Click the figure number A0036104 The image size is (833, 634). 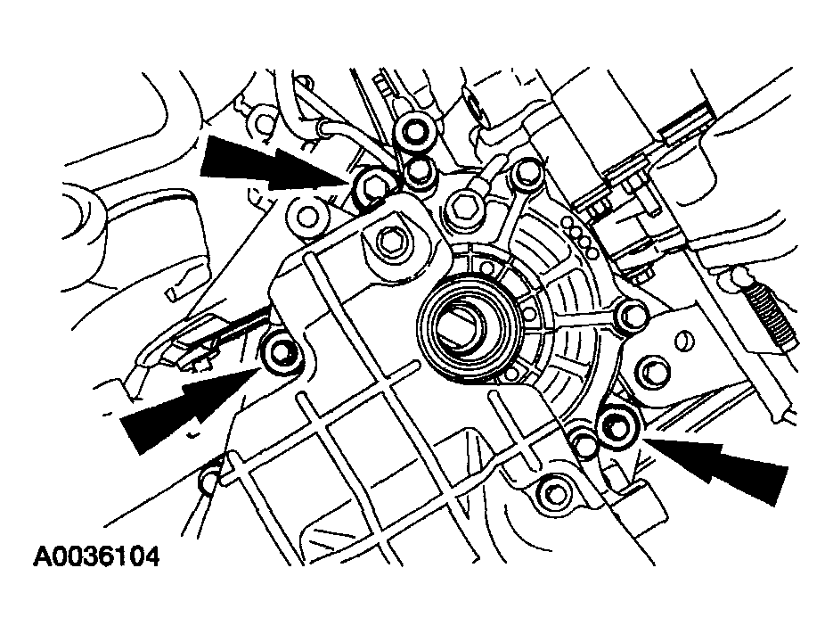coord(96,557)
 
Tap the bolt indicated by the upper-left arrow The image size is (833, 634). coord(371,185)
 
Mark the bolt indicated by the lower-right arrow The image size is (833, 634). coord(617,424)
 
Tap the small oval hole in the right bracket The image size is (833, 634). coord(685,341)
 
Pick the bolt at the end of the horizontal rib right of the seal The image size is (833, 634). coord(632,316)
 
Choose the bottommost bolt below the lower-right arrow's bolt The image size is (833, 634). coord(556,494)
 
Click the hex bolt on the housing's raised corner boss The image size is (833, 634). coord(391,243)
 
